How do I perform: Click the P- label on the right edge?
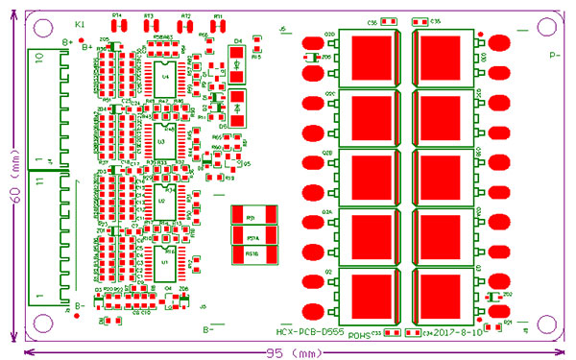point(555,56)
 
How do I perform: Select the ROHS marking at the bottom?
point(358,336)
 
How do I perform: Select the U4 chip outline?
point(164,76)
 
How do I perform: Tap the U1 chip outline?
point(164,261)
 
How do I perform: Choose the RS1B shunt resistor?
point(254,253)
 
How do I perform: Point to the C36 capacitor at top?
point(388,21)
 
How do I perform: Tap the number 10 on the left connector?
point(39,59)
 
